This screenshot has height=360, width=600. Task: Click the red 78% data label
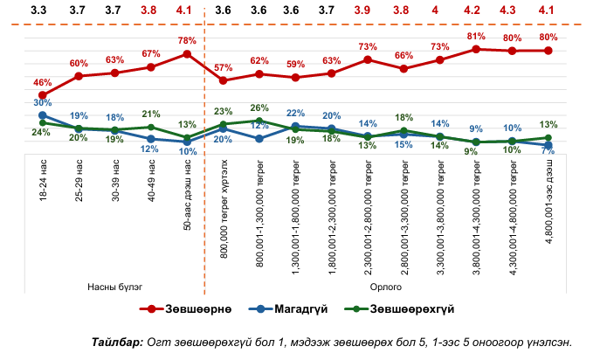[x=186, y=41]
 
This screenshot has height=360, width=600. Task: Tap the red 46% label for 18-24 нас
[x=43, y=82]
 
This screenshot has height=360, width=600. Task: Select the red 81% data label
[x=476, y=37]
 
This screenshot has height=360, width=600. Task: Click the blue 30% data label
[x=43, y=103]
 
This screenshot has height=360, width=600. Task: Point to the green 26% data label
[x=259, y=108]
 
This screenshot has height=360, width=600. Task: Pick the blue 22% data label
[x=295, y=114]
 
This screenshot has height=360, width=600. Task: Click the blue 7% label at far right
[x=548, y=152]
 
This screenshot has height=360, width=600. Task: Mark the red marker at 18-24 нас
[x=43, y=95]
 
